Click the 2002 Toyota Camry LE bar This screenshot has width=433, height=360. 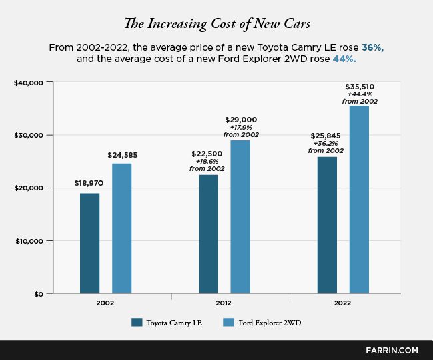(89, 243)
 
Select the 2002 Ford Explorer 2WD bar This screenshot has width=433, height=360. (121, 228)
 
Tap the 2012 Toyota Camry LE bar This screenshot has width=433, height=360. (208, 234)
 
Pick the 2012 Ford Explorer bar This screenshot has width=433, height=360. (240, 216)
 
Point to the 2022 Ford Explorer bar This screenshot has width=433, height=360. (360, 200)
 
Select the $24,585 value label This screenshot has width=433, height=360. (122, 155)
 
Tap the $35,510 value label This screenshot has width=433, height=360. (360, 87)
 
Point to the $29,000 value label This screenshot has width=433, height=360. (241, 120)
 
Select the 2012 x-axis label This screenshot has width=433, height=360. (224, 302)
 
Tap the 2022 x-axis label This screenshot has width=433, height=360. (343, 302)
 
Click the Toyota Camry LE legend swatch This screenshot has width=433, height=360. (137, 323)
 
